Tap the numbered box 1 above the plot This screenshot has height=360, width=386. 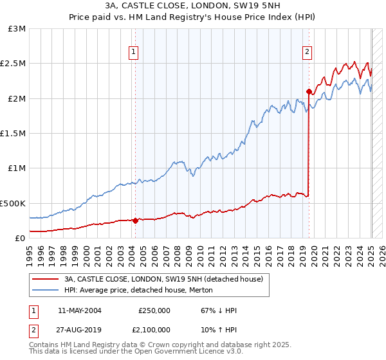(x=134, y=53)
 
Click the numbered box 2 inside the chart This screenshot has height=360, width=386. (x=308, y=53)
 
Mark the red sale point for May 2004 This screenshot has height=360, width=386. (x=135, y=221)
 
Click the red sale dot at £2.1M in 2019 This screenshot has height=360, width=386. (x=309, y=91)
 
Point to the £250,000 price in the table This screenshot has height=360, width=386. (x=154, y=310)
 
